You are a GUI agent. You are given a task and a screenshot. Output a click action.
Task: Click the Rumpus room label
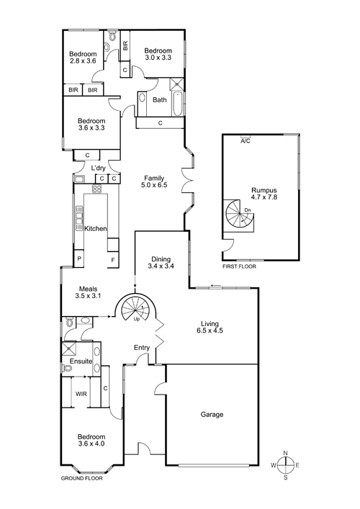264,194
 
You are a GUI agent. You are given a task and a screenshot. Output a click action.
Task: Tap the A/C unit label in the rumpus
246,141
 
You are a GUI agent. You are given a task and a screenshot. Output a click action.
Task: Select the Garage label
212,415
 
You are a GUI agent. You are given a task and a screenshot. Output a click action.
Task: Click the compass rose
285,465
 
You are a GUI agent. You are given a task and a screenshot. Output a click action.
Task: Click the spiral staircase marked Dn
240,215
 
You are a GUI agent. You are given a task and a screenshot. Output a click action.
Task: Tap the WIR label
81,394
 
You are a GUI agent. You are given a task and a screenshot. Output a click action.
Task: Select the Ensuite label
81,361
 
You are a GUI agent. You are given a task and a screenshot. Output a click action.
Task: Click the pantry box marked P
79,258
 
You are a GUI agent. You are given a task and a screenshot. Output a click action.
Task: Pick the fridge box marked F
113,260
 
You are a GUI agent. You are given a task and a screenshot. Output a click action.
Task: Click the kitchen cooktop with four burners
96,189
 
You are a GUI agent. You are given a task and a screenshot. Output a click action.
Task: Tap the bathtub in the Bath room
177,104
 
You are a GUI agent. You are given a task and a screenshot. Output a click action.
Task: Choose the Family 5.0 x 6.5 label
154,181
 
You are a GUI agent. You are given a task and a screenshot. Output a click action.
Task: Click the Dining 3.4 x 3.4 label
161,263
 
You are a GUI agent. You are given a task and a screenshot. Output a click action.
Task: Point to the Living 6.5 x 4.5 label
210,327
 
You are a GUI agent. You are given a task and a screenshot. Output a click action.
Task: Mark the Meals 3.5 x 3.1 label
89,292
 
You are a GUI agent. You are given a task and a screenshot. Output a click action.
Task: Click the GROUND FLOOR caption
82,478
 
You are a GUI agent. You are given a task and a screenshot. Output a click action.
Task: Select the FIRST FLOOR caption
239,266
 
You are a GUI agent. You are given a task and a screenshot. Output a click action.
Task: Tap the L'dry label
98,168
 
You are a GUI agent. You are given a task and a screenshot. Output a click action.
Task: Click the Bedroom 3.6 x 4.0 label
91,440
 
